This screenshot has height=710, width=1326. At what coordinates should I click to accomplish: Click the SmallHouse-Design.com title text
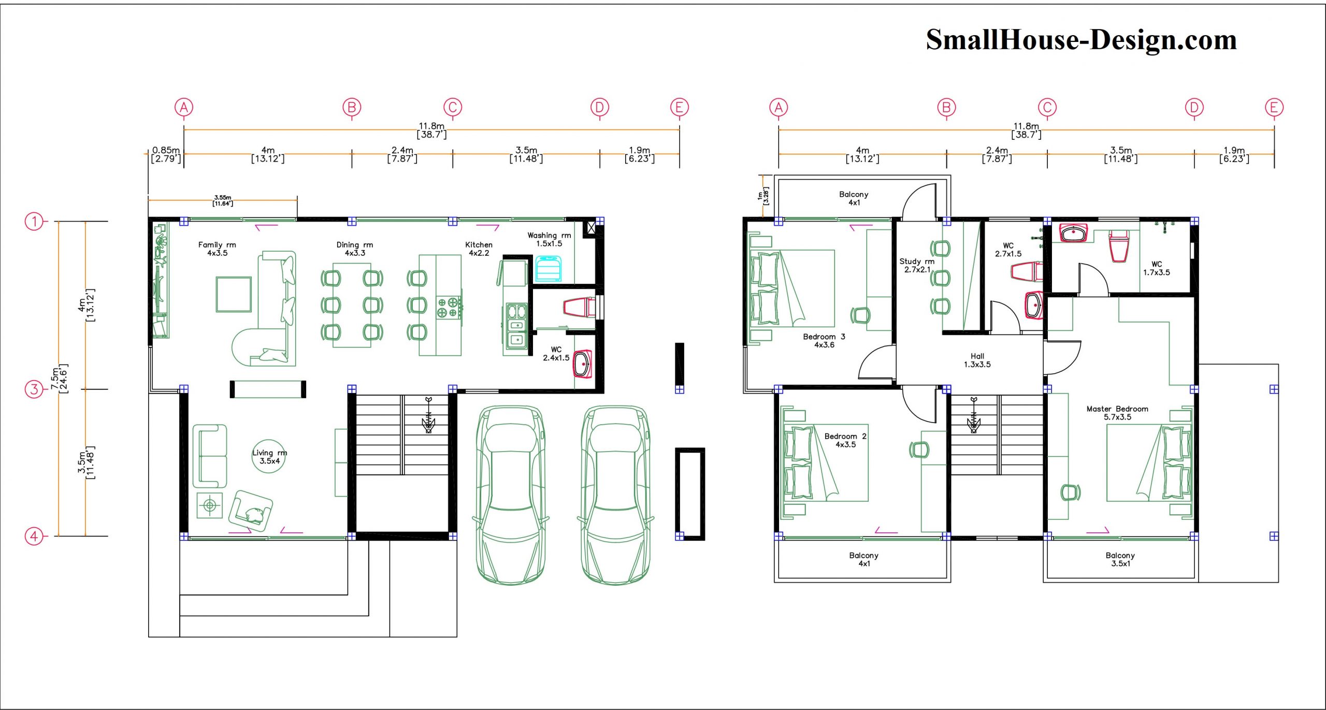point(1081,40)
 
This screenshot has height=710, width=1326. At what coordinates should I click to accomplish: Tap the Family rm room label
point(217,244)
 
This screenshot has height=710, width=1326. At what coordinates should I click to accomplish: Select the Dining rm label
point(355,244)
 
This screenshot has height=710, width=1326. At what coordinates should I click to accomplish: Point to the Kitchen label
point(479,244)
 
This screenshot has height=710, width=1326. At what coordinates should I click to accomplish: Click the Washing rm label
point(549,235)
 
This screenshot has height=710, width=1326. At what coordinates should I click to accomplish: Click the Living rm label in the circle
point(269,453)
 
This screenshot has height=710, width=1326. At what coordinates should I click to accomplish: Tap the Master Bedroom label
point(1117,409)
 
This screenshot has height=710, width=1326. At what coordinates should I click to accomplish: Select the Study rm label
point(917,262)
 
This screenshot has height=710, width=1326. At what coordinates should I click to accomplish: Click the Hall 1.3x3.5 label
point(977,360)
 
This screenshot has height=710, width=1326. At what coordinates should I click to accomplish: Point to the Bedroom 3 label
point(824,337)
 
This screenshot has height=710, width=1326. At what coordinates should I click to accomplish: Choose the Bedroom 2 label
point(845,436)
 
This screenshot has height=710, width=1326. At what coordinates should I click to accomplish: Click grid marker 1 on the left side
point(34,222)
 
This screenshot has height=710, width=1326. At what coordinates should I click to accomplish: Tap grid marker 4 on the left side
point(34,536)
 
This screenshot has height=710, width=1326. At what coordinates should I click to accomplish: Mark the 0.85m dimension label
point(166,150)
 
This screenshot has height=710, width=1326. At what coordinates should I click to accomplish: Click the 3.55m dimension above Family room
point(223,198)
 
